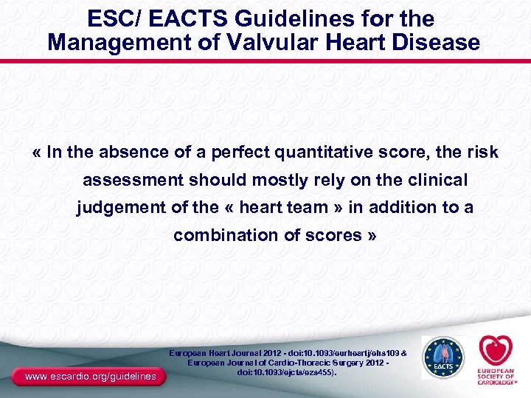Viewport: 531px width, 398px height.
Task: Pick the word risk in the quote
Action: pyautogui.click(x=483, y=153)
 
